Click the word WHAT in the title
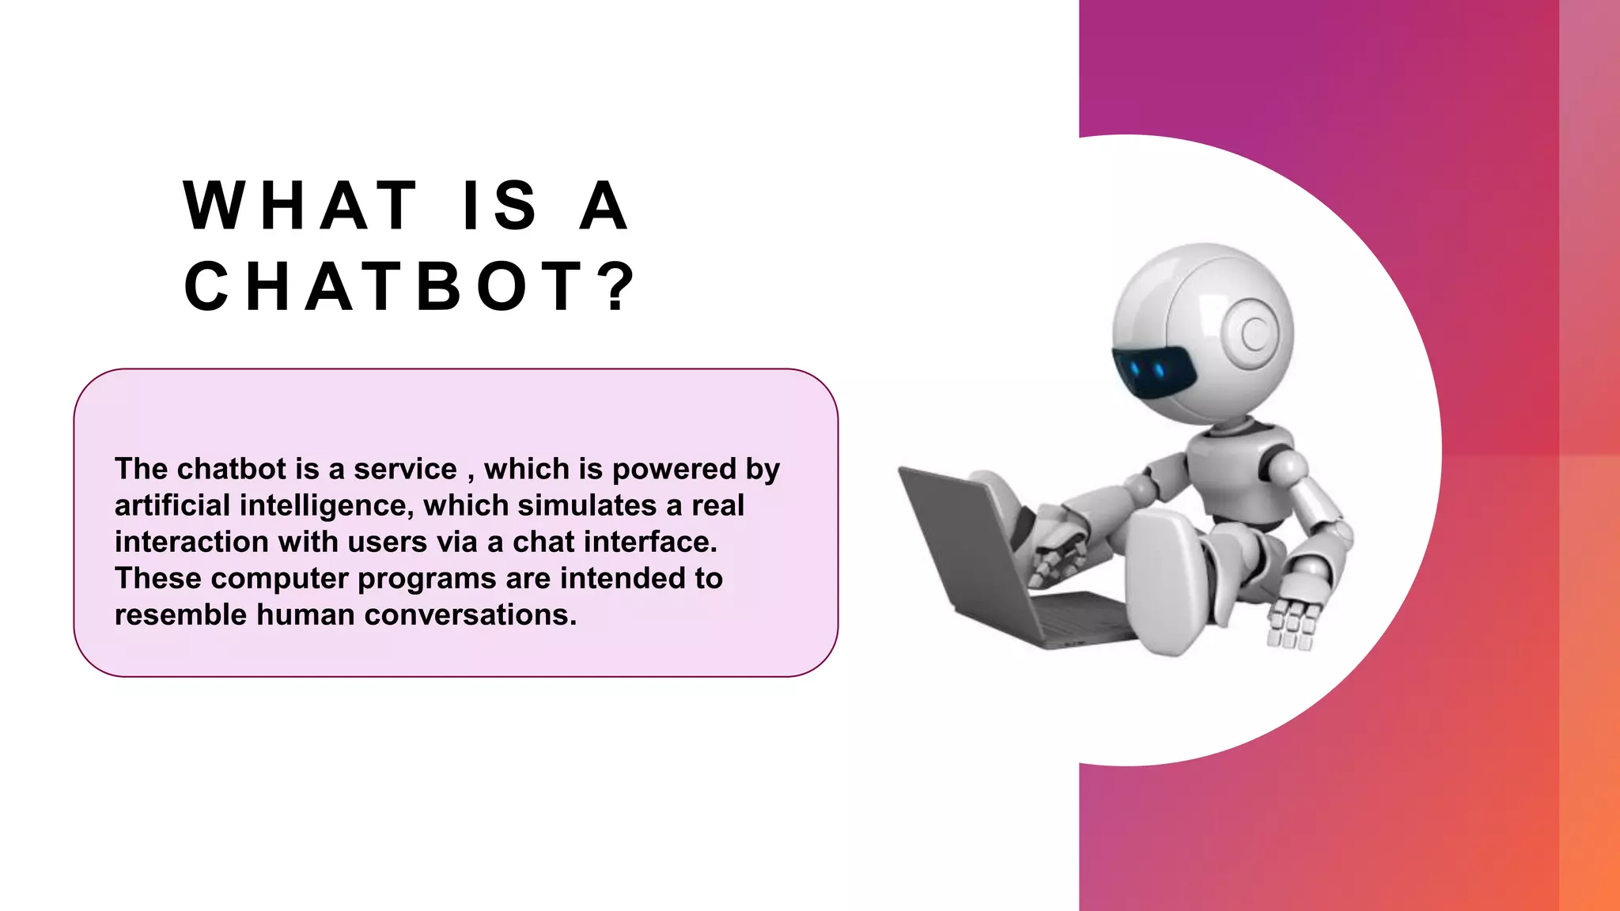(x=301, y=206)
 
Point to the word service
(x=405, y=469)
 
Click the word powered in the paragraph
(x=675, y=469)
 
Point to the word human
(x=305, y=614)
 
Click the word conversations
(x=471, y=614)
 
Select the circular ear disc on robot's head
(x=1255, y=335)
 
